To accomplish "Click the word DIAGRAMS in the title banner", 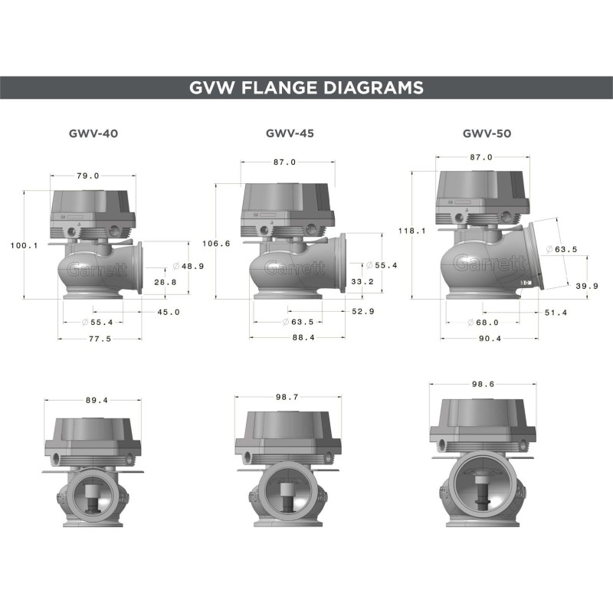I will click(375, 87).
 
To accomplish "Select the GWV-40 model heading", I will click(93, 133).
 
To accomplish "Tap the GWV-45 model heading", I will click(290, 133).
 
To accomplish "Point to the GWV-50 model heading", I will click(487, 133).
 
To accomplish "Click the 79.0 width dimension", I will click(88, 176).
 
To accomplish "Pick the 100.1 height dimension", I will click(25, 245).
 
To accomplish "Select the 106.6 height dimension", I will click(215, 244).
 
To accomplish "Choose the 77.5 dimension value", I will click(97, 339).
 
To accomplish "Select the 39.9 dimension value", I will click(587, 285).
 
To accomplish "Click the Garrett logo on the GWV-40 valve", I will click(90, 269).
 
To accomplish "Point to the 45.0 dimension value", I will click(168, 312).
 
